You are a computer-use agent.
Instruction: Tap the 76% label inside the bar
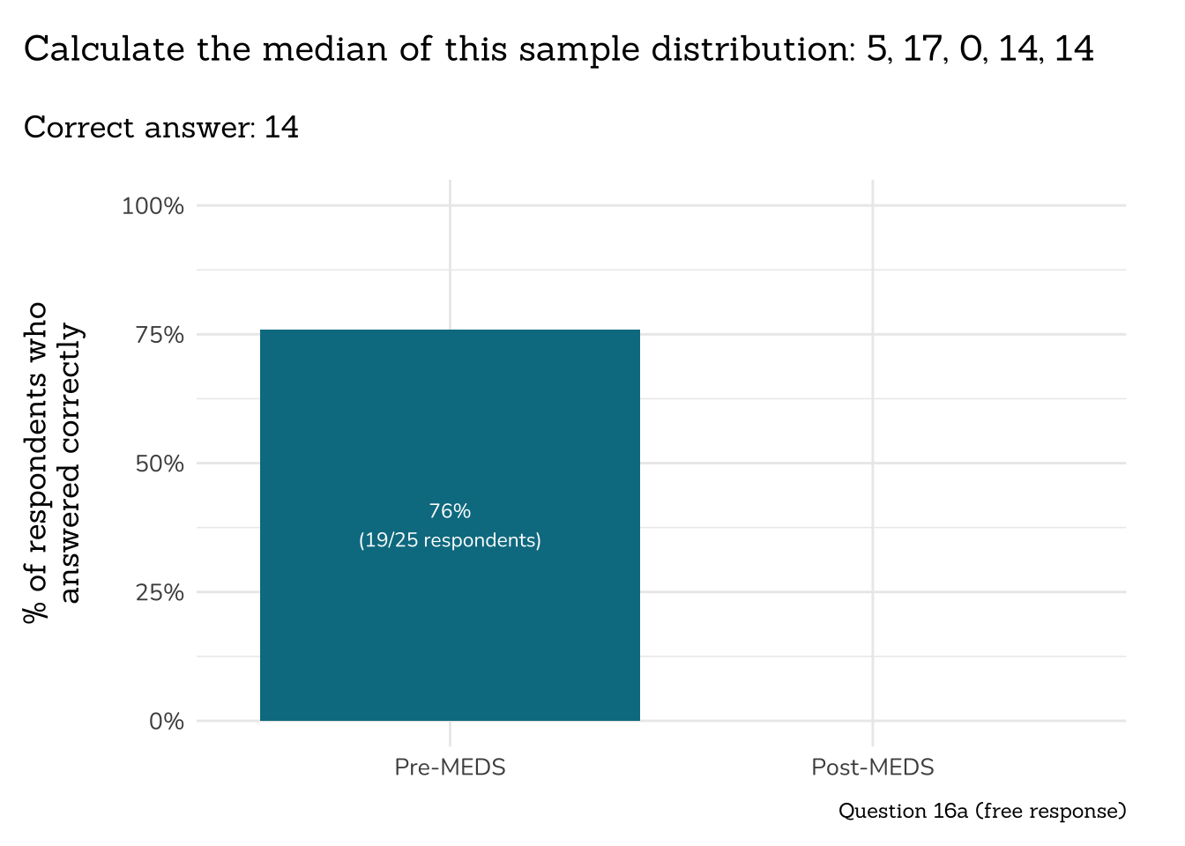pyautogui.click(x=450, y=511)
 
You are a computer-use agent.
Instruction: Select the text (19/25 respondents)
pyautogui.click(x=450, y=540)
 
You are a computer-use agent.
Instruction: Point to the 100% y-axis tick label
pyautogui.click(x=153, y=206)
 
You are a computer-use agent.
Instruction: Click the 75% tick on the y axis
pyautogui.click(x=160, y=335)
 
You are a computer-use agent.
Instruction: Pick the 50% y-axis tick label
pyautogui.click(x=160, y=464)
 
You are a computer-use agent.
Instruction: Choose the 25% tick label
pyautogui.click(x=160, y=592)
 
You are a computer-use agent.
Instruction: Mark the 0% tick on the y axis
pyautogui.click(x=167, y=722)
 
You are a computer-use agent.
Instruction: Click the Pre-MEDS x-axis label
pyautogui.click(x=450, y=768)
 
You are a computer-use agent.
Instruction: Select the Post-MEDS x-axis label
pyautogui.click(x=872, y=768)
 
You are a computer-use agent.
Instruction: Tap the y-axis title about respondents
pyautogui.click(x=52, y=464)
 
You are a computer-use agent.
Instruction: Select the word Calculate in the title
pyautogui.click(x=104, y=49)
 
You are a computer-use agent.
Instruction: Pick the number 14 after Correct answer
pyautogui.click(x=281, y=128)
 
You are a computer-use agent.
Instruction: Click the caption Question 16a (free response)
pyautogui.click(x=981, y=811)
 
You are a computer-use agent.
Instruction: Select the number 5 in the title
pyautogui.click(x=876, y=49)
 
